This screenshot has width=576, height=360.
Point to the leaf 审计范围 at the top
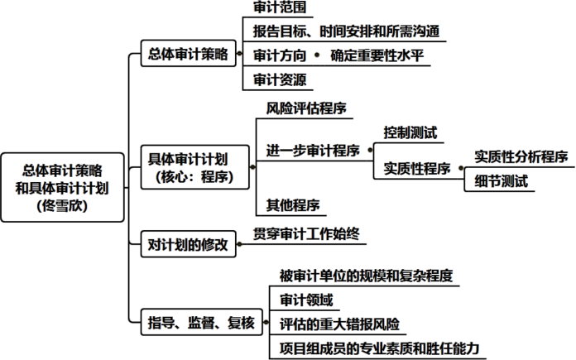coord(281,8)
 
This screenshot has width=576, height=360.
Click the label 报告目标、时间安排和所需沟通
coord(345,32)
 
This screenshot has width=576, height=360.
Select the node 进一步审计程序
coord(312,151)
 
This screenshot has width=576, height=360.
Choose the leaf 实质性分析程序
coord(521,157)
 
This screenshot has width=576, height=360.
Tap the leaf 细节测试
coord(502,181)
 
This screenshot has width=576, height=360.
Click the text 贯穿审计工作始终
coord(305,234)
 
